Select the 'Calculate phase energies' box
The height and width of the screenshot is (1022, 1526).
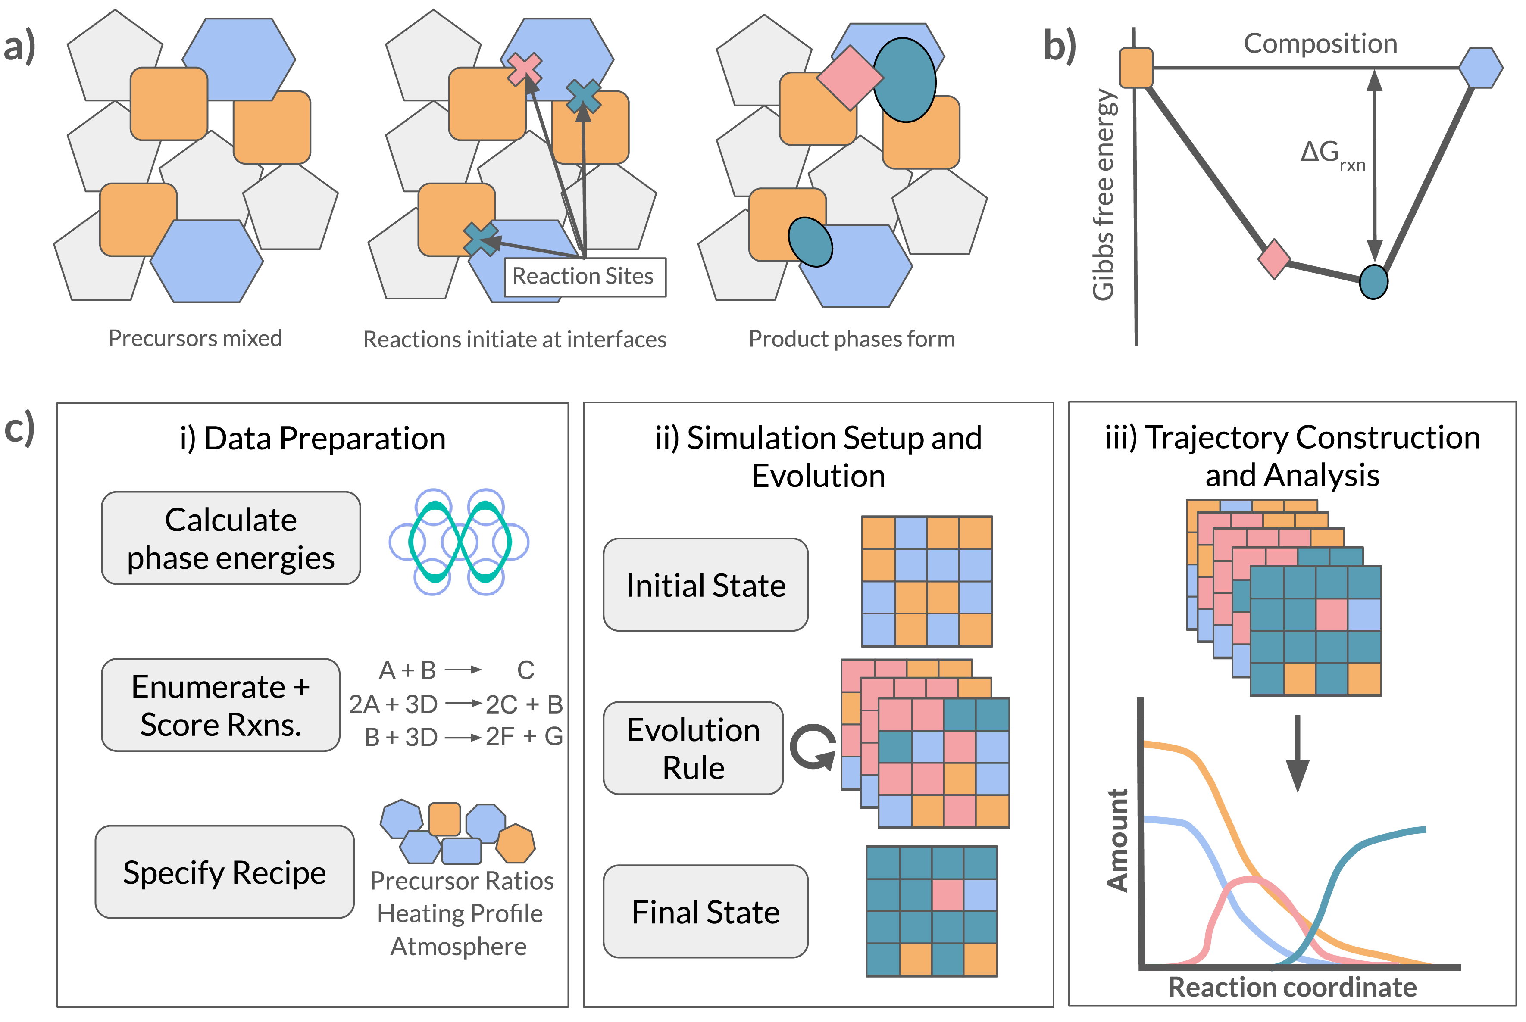(x=231, y=539)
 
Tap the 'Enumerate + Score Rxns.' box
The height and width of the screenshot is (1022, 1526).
(x=220, y=705)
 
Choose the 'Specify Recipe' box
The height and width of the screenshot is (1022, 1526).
(x=224, y=872)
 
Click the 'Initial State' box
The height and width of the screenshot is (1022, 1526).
(x=706, y=585)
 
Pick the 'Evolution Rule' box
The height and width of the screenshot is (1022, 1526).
(x=693, y=748)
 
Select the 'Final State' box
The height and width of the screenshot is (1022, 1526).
(x=706, y=911)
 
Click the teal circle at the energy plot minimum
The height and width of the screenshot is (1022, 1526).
(x=1373, y=282)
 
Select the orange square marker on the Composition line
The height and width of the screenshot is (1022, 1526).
(x=1136, y=68)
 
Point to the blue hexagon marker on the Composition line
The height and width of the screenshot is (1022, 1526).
(x=1480, y=68)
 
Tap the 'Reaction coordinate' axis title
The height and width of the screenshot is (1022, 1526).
(x=1292, y=987)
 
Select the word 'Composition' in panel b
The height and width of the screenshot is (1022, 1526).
(x=1320, y=44)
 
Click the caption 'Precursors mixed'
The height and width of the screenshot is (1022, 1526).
(x=195, y=338)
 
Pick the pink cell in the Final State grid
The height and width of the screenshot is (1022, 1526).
(x=947, y=895)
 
